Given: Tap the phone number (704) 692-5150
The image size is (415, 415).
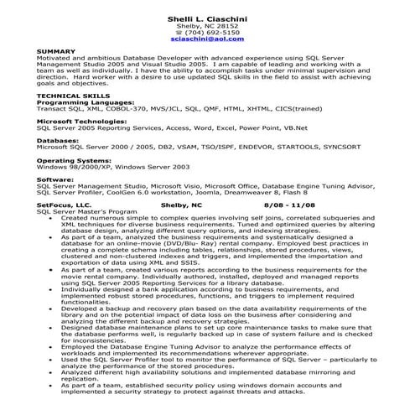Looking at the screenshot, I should pyautogui.click(x=207, y=32).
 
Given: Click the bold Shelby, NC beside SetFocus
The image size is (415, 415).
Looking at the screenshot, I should pyautogui.click(x=181, y=205).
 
